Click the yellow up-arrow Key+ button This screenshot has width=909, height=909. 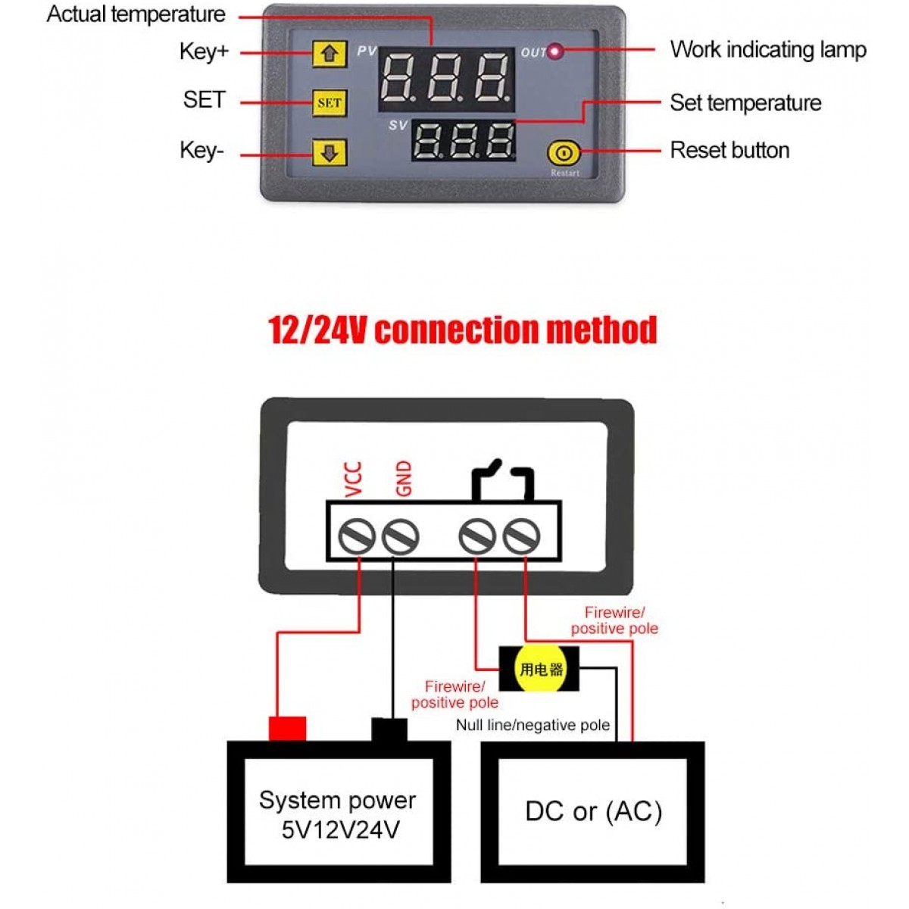tap(330, 54)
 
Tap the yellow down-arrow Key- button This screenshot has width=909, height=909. tap(330, 152)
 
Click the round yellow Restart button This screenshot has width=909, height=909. tap(564, 154)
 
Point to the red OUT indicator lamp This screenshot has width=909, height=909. tap(556, 52)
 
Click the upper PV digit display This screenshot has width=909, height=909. tap(446, 78)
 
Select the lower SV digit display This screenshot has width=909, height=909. tap(464, 140)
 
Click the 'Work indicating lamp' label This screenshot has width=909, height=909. tap(767, 50)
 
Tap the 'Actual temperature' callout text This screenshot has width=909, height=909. tap(136, 14)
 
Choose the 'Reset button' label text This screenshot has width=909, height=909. tap(729, 150)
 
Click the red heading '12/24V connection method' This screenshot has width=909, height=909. tap(463, 330)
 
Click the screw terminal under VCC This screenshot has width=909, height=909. tap(358, 537)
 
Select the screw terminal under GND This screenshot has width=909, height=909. tap(400, 537)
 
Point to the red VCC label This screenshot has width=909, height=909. tap(354, 479)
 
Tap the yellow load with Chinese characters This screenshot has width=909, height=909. tap(540, 669)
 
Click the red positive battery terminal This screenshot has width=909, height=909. tap(288, 729)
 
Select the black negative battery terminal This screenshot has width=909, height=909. tap(389, 729)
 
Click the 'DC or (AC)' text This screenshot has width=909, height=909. tap(594, 811)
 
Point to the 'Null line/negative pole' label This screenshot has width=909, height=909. tap(533, 725)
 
